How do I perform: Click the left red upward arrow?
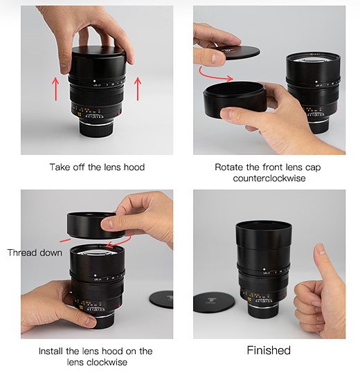55,89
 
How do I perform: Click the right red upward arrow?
138,89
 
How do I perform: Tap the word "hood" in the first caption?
134,167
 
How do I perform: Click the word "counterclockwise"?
269,178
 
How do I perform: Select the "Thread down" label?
35,253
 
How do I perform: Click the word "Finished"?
269,350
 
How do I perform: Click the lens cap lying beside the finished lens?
214,302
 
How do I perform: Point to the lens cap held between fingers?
240,53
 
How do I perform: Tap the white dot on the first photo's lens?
94,81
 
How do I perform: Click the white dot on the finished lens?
264,269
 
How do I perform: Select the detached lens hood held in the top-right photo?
235,100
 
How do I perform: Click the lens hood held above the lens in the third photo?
96,226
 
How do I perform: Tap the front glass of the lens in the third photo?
98,253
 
